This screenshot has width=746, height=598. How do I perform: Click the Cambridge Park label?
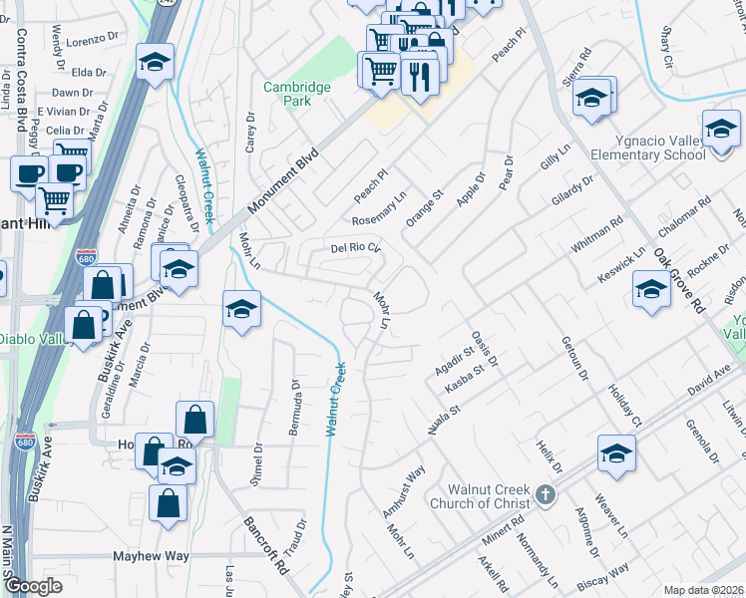297,94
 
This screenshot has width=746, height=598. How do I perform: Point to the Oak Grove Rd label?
680,281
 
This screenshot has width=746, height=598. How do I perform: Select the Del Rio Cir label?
356,247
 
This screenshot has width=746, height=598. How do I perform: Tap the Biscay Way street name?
602,575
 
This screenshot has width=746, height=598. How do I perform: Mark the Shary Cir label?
666,43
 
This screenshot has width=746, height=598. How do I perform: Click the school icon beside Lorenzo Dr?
155,62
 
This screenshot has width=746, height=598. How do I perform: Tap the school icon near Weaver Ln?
617,453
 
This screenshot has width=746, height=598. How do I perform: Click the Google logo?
34,586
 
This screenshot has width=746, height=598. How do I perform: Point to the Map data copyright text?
704,589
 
